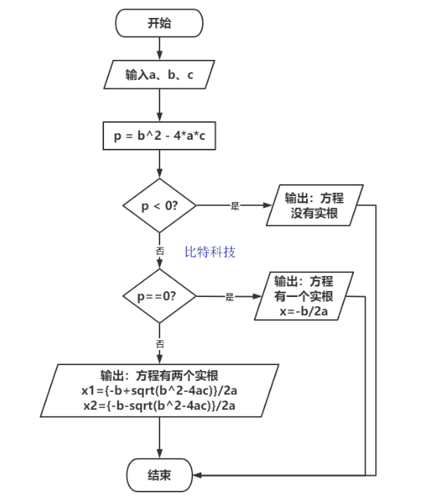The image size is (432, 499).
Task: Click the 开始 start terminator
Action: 159,23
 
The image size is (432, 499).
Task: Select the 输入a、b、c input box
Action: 159,76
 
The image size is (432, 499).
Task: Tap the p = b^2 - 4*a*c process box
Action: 159,136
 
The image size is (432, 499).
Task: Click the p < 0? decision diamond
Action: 159,206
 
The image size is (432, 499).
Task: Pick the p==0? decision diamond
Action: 159,296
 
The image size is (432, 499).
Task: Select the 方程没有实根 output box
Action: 314,206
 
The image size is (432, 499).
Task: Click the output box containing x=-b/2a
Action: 303,296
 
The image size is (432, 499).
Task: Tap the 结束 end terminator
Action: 159,475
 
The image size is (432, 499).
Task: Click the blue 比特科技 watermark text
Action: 210,251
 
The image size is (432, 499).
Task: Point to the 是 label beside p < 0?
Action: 234,206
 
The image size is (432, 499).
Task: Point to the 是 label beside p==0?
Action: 230,297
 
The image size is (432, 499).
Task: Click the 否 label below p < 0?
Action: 159,252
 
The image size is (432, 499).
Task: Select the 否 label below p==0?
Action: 159,343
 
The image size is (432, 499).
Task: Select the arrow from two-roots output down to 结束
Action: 159,438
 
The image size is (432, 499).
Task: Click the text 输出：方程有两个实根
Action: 159,376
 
